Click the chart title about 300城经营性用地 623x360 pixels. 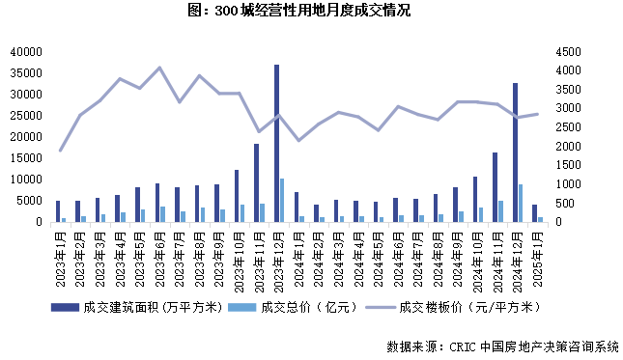click(310, 12)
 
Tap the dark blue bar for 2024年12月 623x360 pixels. click(515, 152)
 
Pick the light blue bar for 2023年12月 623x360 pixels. click(282, 200)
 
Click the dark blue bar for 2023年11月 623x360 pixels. click(256, 182)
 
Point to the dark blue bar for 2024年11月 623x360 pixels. click(495, 187)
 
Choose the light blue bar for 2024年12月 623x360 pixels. click(521, 203)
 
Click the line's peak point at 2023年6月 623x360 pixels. click(159, 68)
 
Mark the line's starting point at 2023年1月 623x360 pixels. click(60, 151)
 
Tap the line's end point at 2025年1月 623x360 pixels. click(538, 114)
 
